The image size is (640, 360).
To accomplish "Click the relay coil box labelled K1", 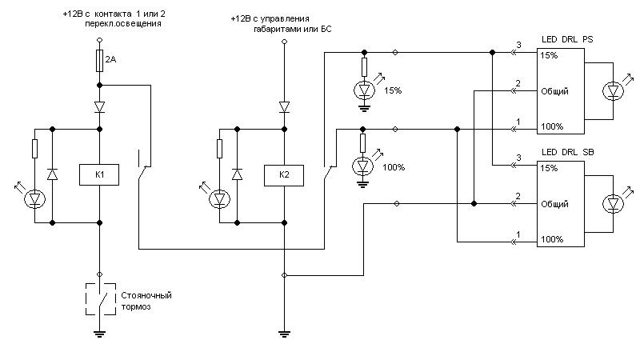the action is pyautogui.click(x=99, y=175).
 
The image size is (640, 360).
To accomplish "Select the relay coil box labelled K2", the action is pyautogui.click(x=284, y=175).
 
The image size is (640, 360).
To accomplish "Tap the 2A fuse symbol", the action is pyautogui.click(x=99, y=61).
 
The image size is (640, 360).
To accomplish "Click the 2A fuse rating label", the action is pyautogui.click(x=110, y=59).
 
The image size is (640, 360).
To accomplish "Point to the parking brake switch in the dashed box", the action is pyautogui.click(x=101, y=299).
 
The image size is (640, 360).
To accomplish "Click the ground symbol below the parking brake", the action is pyautogui.click(x=99, y=334).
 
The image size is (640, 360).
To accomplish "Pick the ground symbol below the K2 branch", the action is pyautogui.click(x=284, y=334).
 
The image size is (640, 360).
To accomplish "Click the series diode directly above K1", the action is pyautogui.click(x=99, y=107).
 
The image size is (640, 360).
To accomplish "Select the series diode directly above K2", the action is pyautogui.click(x=284, y=107).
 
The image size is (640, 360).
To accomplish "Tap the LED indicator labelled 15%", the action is pyautogui.click(x=364, y=90).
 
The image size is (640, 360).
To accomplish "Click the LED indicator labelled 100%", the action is pyautogui.click(x=362, y=166).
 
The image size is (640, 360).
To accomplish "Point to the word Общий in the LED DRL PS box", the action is pyautogui.click(x=554, y=91).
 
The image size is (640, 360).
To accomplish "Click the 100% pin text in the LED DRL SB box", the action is pyautogui.click(x=552, y=239).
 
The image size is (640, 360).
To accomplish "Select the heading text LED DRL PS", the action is pyautogui.click(x=567, y=39).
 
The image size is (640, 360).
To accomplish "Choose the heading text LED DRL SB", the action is pyautogui.click(x=568, y=152).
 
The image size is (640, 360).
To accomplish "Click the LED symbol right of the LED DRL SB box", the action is pyautogui.click(x=613, y=204).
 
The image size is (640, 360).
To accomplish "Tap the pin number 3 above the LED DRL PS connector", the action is pyautogui.click(x=518, y=45).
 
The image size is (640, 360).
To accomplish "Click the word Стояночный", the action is pyautogui.click(x=146, y=295).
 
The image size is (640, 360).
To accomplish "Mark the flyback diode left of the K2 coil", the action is pyautogui.click(x=237, y=174).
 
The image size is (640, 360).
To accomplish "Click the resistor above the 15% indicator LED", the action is pyautogui.click(x=364, y=67).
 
